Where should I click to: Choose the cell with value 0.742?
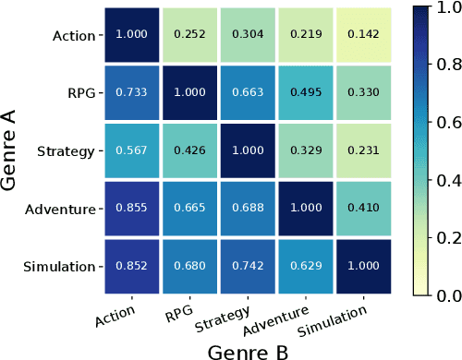248,267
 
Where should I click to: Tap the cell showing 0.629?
306,267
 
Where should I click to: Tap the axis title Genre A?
12,150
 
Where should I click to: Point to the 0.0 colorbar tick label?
439,294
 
